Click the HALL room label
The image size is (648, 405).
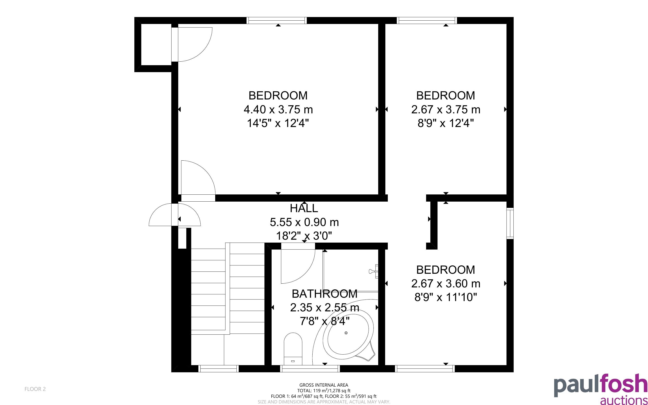click(x=304, y=208)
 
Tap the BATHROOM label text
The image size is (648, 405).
click(x=324, y=294)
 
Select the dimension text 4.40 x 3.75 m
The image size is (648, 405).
click(x=278, y=109)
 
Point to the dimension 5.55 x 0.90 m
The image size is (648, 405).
click(x=304, y=222)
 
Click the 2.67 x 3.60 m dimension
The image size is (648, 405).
click(x=446, y=283)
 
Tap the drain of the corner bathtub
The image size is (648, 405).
click(x=346, y=333)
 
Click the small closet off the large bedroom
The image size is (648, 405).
click(x=156, y=44)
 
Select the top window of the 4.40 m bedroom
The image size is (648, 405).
click(x=277, y=21)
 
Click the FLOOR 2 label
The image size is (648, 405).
click(x=35, y=389)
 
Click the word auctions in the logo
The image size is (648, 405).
click(x=624, y=400)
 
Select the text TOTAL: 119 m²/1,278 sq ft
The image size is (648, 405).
click(x=324, y=390)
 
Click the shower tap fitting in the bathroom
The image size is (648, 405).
click(x=374, y=271)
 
